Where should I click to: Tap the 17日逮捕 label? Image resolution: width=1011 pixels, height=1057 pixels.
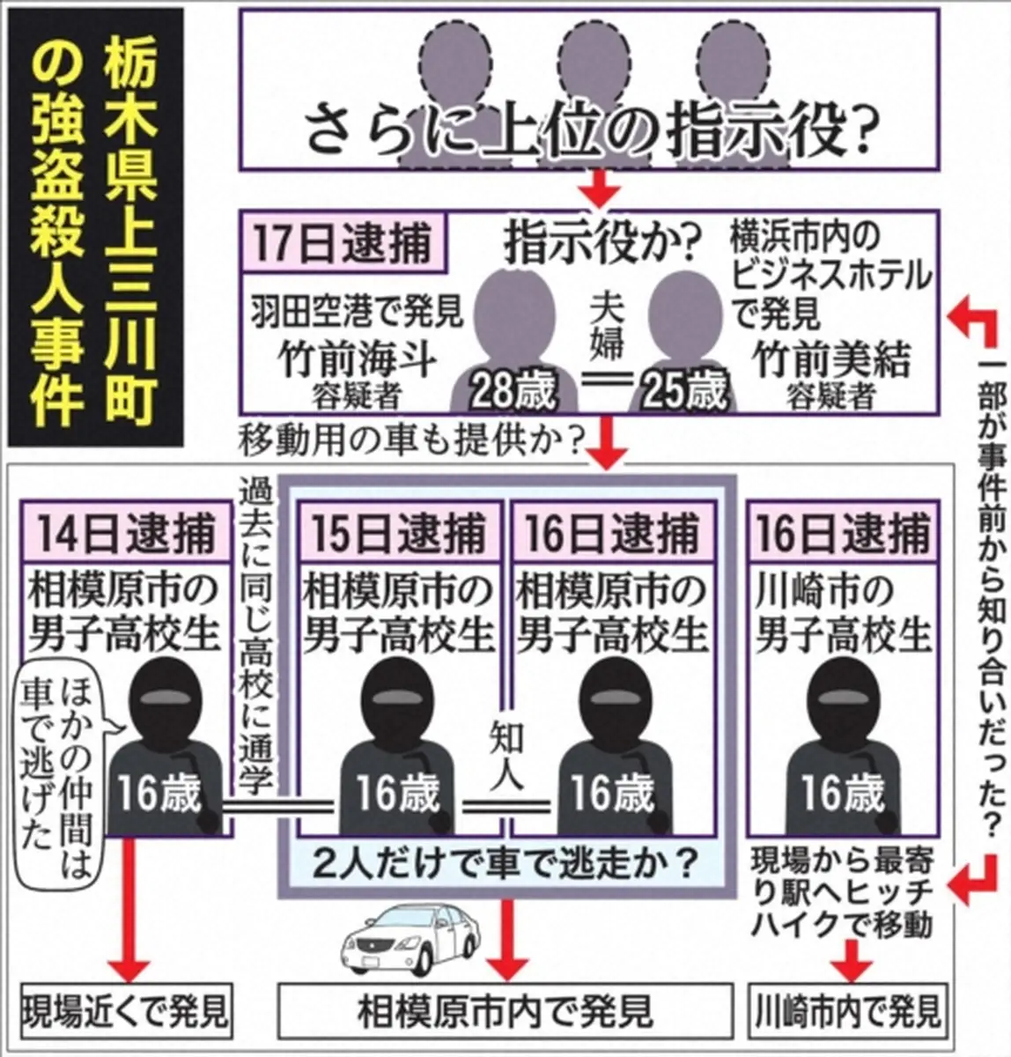(345, 244)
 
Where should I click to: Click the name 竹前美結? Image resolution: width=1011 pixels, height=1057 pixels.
(832, 360)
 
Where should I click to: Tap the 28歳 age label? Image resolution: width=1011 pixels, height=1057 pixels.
(513, 390)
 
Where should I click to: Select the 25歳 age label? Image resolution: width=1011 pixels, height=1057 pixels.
(684, 390)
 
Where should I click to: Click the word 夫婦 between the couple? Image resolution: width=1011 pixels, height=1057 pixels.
(608, 326)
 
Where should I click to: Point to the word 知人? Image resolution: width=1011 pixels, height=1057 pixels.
(506, 760)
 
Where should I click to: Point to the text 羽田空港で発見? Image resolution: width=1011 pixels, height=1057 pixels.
(358, 314)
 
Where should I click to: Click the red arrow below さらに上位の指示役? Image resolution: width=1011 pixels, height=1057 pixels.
(599, 188)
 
